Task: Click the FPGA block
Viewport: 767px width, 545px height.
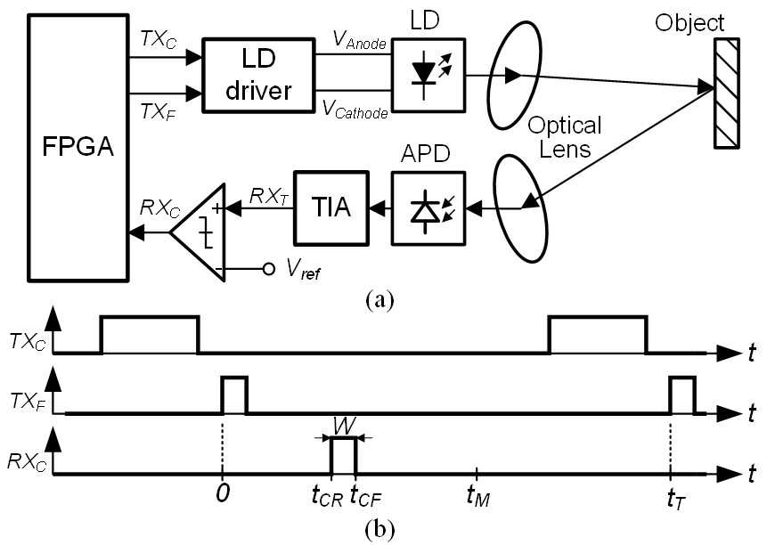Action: [x=78, y=148]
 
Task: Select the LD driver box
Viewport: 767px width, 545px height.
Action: [x=258, y=76]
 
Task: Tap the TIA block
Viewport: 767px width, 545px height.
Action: [x=331, y=207]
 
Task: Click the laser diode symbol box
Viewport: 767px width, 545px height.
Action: [x=428, y=76]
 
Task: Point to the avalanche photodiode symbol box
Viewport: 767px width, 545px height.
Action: [x=428, y=207]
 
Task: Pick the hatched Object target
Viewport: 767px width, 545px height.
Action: [x=726, y=93]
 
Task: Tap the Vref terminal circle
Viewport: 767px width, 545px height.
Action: [x=268, y=269]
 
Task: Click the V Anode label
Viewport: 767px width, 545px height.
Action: [x=360, y=39]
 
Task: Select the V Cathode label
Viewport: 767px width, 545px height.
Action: [x=355, y=109]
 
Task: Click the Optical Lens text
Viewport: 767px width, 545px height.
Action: [x=565, y=137]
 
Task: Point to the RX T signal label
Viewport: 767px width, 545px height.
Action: [x=268, y=197]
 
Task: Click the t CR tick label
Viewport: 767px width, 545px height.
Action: [x=327, y=497]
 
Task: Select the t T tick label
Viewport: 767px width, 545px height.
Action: [x=676, y=499]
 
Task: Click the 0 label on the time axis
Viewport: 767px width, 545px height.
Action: [x=223, y=493]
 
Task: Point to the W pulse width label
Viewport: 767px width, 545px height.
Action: [x=344, y=426]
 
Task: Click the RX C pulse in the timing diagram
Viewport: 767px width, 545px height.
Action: [x=343, y=457]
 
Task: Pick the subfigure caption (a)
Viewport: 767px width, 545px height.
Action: [x=379, y=299]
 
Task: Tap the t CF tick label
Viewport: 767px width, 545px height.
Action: [x=365, y=497]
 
